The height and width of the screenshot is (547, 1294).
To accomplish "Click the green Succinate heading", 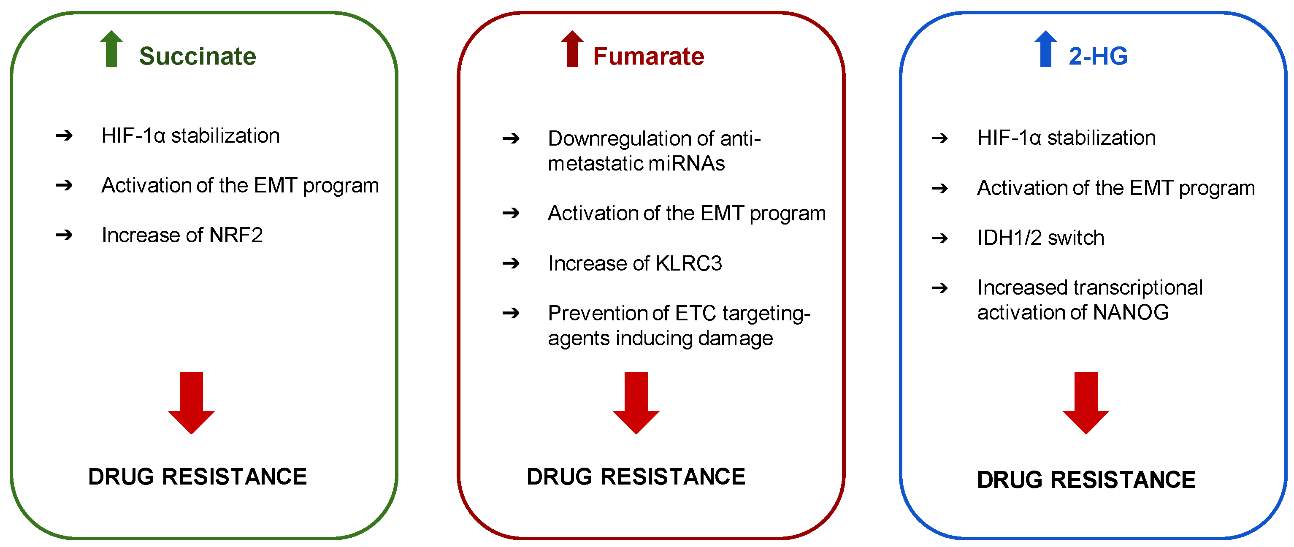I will coord(198,56).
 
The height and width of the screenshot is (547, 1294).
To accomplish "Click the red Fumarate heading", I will coord(649,56).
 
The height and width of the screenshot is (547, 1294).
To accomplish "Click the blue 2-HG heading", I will coord(1098,56).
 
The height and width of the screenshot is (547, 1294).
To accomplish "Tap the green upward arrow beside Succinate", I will coord(111,49).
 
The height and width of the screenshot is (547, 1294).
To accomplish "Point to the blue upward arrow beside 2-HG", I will coord(1046,49).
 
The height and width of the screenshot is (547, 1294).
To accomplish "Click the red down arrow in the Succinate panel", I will coord(191,402).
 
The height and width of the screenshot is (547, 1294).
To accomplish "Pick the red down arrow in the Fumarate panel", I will coord(636,402).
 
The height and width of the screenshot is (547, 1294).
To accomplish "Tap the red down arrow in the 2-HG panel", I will coord(1086,402).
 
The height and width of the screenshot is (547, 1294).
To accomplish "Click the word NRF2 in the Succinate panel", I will coord(236,235).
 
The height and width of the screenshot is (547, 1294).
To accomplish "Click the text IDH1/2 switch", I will coord(1040,238).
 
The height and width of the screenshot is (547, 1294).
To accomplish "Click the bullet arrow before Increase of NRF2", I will coord(64,235).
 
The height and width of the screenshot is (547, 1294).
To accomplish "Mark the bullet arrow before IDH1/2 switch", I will coord(940,238).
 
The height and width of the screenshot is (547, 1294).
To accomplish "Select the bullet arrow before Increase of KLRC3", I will coord(511,263).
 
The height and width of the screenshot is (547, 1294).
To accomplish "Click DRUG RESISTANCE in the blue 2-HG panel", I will coord(1086,480).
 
